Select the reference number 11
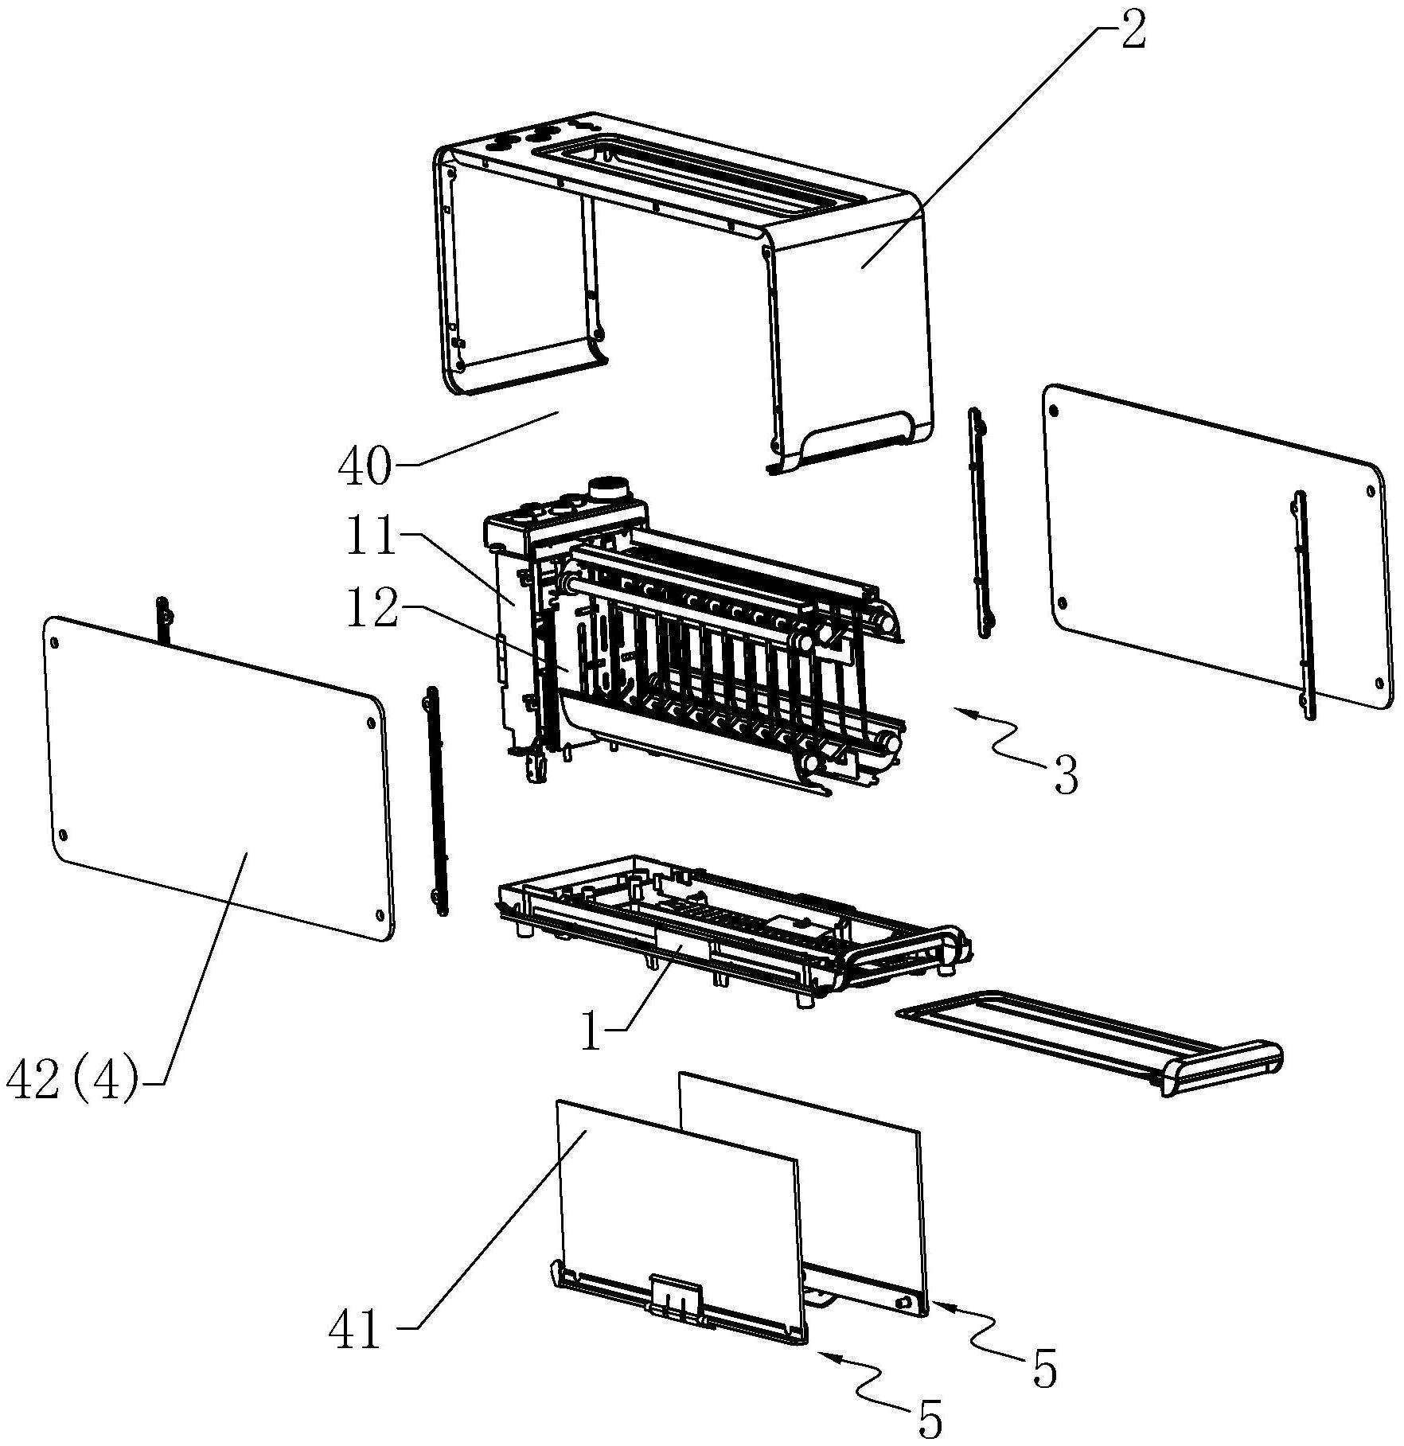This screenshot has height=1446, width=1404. point(371,539)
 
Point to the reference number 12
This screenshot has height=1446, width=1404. point(371,610)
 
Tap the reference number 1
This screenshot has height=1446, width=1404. point(591,1033)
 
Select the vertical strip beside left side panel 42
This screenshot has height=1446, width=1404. point(437,800)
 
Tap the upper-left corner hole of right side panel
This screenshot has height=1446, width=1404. point(1055,411)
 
